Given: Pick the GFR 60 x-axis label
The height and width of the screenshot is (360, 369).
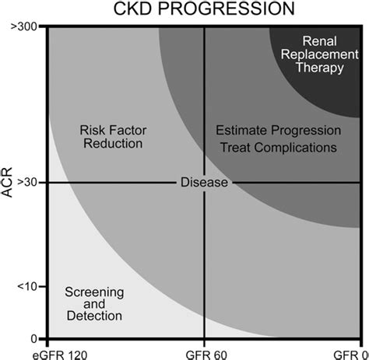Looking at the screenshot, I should pyautogui.click(x=204, y=352).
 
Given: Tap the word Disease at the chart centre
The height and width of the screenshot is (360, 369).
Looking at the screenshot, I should pyautogui.click(x=204, y=182).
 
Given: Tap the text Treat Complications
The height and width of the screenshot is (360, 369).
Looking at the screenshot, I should pyautogui.click(x=277, y=146).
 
